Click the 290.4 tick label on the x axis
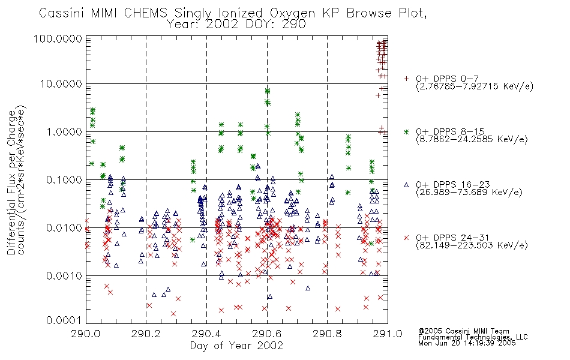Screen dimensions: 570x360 point(207,334)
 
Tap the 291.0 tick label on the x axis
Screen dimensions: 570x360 point(388,334)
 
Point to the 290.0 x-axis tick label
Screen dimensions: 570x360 point(86,334)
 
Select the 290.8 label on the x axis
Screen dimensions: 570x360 point(327,334)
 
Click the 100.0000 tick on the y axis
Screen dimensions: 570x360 point(58,38)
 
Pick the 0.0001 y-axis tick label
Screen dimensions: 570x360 point(64,320)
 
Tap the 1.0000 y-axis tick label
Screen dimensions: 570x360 point(64,131)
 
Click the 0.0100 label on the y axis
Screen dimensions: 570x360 point(64,228)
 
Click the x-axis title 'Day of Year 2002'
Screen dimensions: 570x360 point(236,346)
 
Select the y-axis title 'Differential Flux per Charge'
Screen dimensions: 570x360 point(12,182)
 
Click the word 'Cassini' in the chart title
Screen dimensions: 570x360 point(61,13)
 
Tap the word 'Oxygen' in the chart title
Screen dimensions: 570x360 point(292,13)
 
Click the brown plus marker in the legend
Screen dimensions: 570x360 point(406,79)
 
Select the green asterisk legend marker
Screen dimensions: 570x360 point(406,131)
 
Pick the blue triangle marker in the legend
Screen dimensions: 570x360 point(406,185)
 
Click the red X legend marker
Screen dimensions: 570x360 point(406,238)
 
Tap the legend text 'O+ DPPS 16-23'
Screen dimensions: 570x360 point(453,184)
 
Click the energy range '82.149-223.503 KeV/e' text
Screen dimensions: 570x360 point(472,245)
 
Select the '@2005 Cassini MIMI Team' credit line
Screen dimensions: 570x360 point(463,331)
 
